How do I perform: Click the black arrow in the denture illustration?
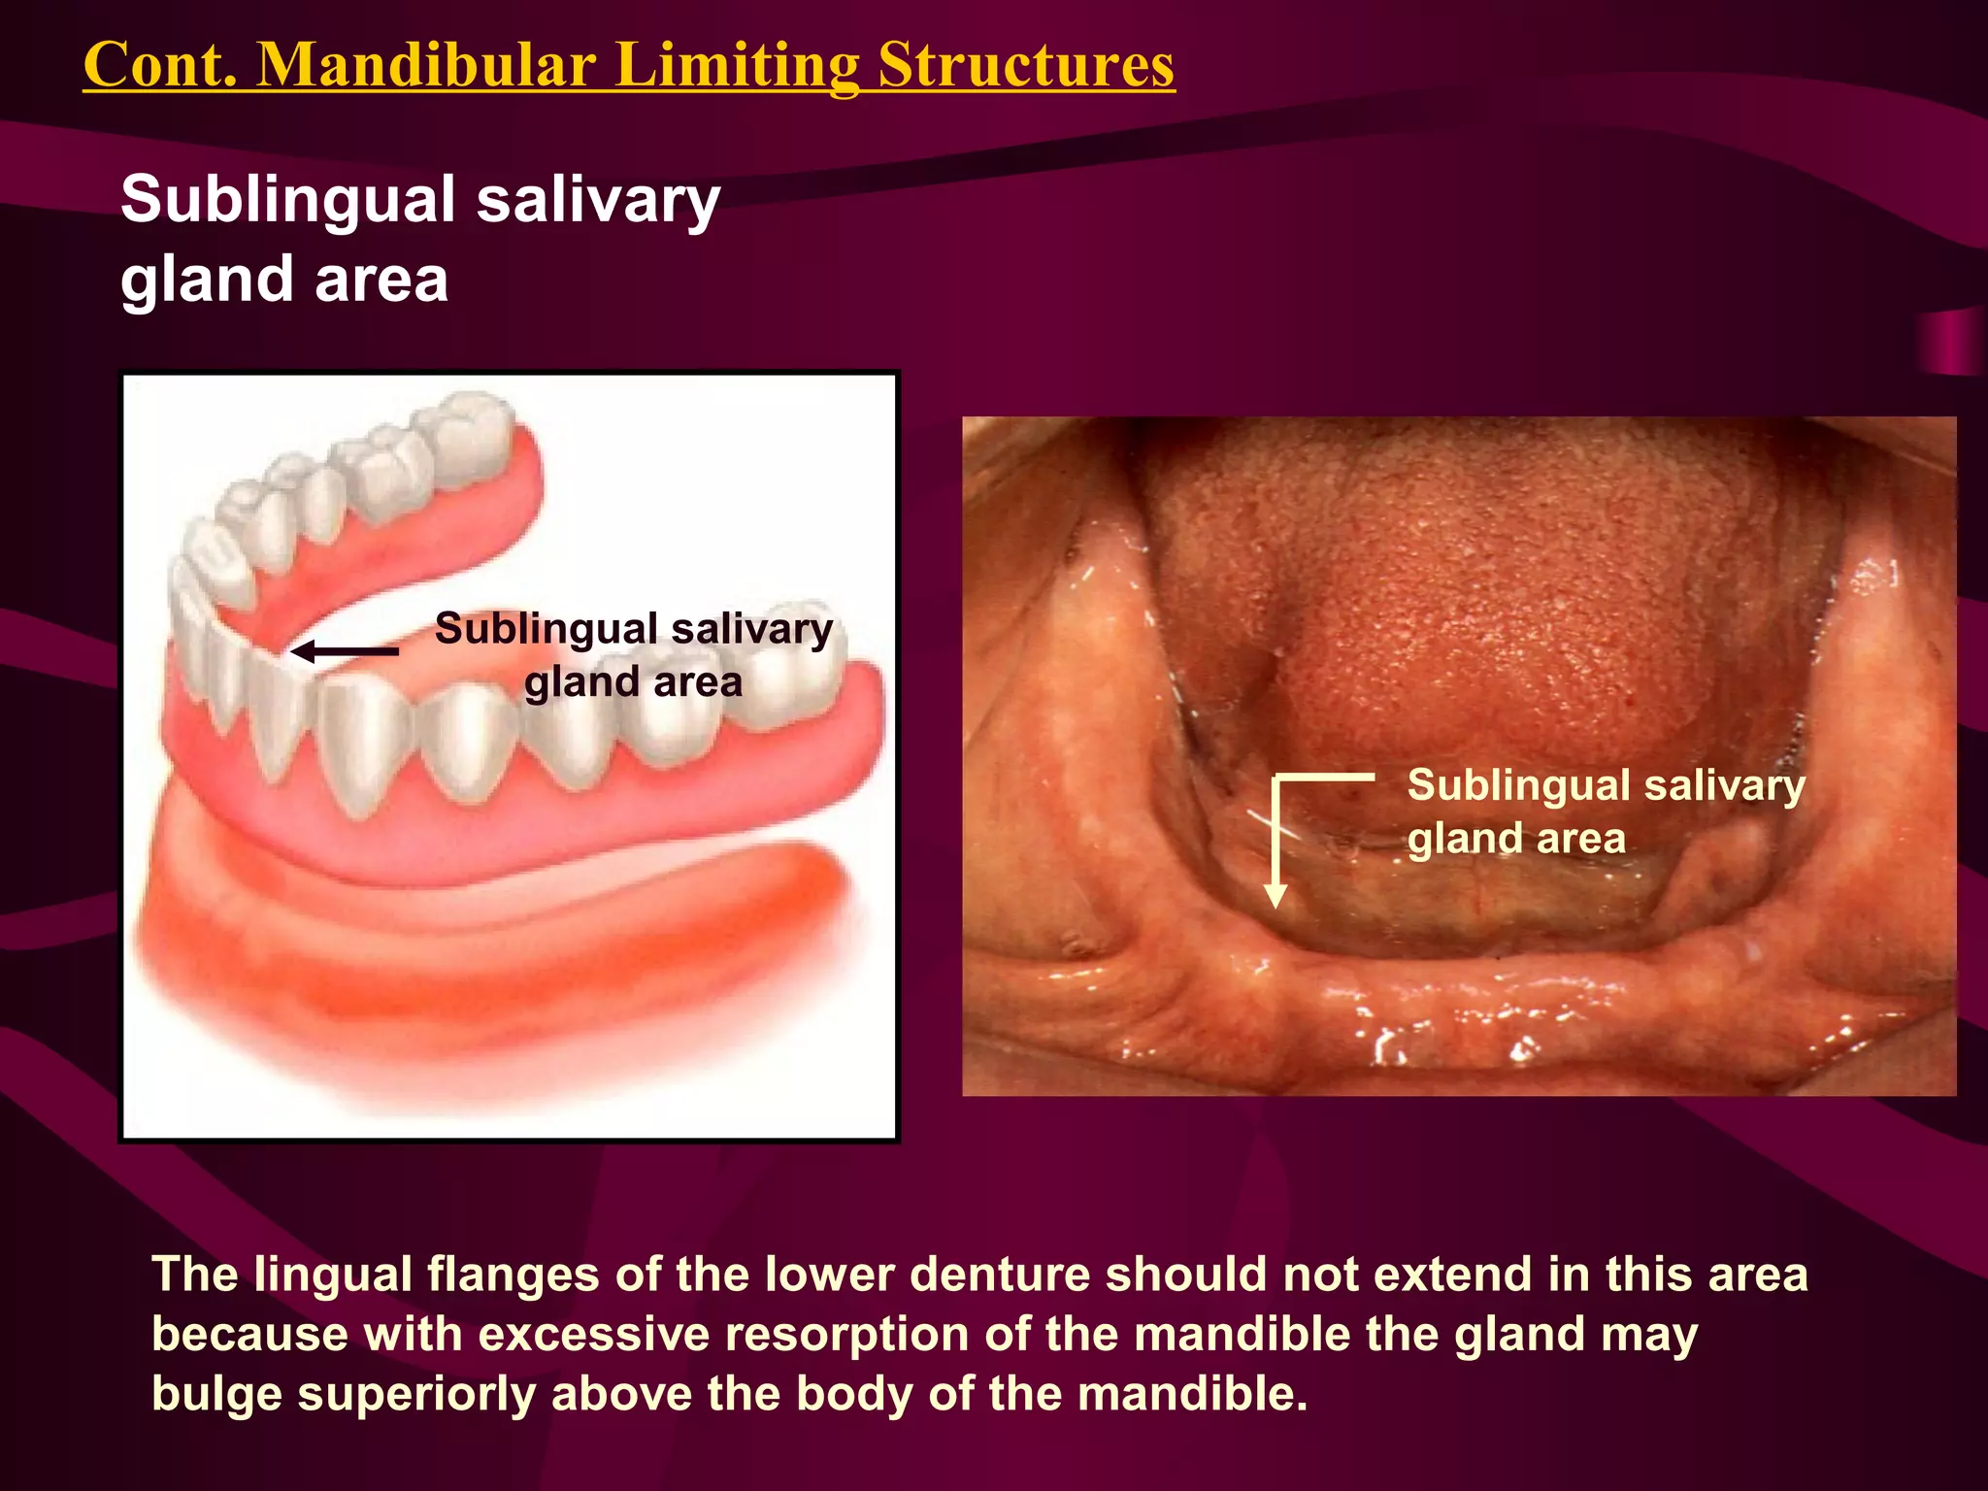tap(346, 651)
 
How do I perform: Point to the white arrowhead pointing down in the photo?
tap(1276, 894)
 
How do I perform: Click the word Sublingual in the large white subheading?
tap(287, 200)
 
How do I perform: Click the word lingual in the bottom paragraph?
tap(332, 1275)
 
